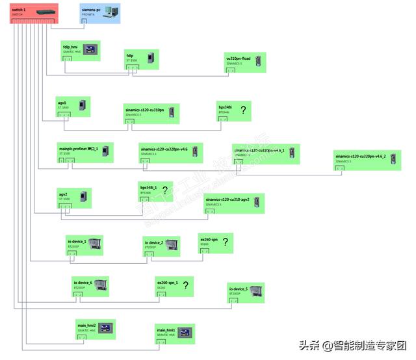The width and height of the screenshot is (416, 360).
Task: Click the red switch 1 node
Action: tap(34, 13)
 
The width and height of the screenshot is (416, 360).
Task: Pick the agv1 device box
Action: tap(73, 107)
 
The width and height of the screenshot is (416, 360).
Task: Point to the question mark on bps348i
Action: tap(243, 110)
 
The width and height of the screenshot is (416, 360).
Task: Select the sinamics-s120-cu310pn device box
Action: tap(151, 113)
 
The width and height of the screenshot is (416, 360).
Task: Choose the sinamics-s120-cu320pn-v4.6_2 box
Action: tap(367, 161)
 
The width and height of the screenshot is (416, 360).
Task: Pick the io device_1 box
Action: tap(84, 246)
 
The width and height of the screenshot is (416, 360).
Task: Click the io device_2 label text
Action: tap(154, 242)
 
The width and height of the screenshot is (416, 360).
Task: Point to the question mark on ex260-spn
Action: tap(225, 242)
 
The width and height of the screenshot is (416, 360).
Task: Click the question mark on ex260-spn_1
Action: tap(185, 285)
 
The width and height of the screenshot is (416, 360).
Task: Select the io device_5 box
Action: tap(247, 292)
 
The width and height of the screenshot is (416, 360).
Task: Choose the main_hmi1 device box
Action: tap(175, 333)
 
